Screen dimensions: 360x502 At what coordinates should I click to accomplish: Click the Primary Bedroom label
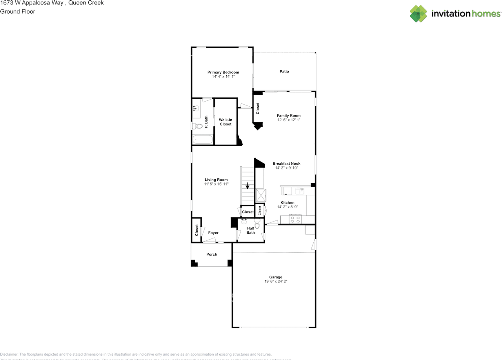[223, 72]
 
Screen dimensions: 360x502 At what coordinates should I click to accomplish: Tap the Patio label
[284, 71]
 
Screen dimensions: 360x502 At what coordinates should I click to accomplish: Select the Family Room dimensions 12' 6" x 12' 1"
[289, 120]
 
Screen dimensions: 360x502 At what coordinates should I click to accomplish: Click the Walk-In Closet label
[226, 122]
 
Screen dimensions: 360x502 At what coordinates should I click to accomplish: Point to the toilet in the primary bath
[197, 126]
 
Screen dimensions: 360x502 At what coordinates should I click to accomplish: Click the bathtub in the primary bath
[202, 140]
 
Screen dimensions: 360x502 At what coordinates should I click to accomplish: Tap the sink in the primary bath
[195, 107]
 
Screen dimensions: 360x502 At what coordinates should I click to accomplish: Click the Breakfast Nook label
[287, 164]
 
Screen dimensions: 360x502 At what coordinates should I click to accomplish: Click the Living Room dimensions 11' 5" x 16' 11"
[216, 184]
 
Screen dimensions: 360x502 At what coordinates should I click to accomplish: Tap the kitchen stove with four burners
[295, 219]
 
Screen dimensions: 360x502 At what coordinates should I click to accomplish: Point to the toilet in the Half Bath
[257, 223]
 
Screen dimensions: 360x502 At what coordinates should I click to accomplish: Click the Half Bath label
[251, 230]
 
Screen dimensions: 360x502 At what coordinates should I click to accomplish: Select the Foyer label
[213, 233]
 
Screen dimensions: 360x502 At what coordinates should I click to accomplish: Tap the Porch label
[212, 255]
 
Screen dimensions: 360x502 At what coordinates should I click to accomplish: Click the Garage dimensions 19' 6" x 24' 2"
[276, 281]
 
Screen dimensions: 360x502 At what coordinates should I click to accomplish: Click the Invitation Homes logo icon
[419, 14]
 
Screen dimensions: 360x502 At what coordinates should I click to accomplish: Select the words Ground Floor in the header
[18, 11]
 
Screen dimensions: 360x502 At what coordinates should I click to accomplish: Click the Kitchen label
[287, 203]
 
